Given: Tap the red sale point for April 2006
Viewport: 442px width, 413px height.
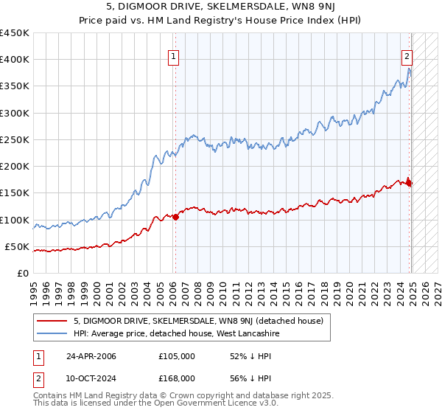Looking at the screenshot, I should pos(175,217).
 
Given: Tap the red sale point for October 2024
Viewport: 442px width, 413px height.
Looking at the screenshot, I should pos(410,183).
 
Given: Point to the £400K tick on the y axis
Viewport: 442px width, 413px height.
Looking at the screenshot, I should pos(15,60).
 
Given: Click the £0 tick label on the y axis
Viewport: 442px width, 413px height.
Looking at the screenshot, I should pos(22,273).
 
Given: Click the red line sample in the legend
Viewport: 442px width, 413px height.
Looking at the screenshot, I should pos(52,321).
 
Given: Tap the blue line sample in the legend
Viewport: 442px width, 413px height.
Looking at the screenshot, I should pos(52,334).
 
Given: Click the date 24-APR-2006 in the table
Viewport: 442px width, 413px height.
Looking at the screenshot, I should pos(91,356).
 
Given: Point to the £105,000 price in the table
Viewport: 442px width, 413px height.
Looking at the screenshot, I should pos(177,356).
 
